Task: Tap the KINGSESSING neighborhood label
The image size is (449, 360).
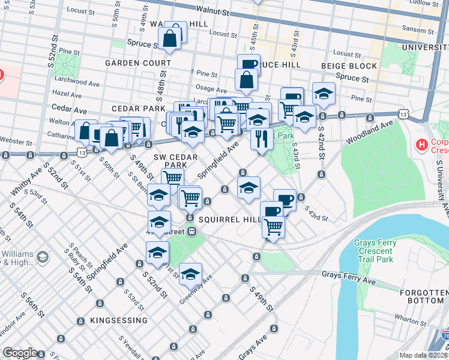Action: coord(118,321)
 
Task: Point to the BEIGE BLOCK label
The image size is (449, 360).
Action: coord(349,66)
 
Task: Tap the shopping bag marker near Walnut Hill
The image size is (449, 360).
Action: coord(170,38)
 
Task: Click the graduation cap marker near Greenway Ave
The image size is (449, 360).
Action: coord(190,275)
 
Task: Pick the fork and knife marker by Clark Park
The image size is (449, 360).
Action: coord(262,139)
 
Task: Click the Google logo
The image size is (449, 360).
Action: coord(20,353)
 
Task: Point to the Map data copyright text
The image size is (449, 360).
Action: coord(423,355)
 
